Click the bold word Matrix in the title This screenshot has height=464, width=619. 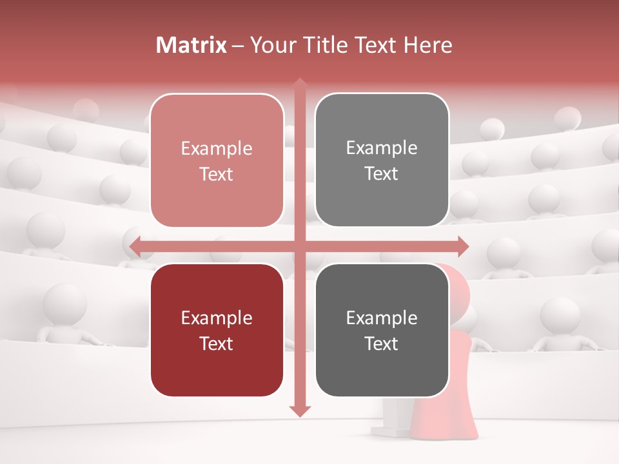[192, 45]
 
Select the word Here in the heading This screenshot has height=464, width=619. [427, 45]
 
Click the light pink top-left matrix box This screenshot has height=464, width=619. [217, 160]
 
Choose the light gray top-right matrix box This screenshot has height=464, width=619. [382, 160]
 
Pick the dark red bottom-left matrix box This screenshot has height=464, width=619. [217, 330]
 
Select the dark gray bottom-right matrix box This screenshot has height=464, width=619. [382, 330]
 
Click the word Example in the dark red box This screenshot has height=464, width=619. [217, 318]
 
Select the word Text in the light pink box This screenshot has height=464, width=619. [217, 174]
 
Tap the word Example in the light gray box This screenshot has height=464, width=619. [382, 148]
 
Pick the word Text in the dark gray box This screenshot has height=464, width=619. [382, 343]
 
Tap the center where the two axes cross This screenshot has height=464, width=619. [300, 246]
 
